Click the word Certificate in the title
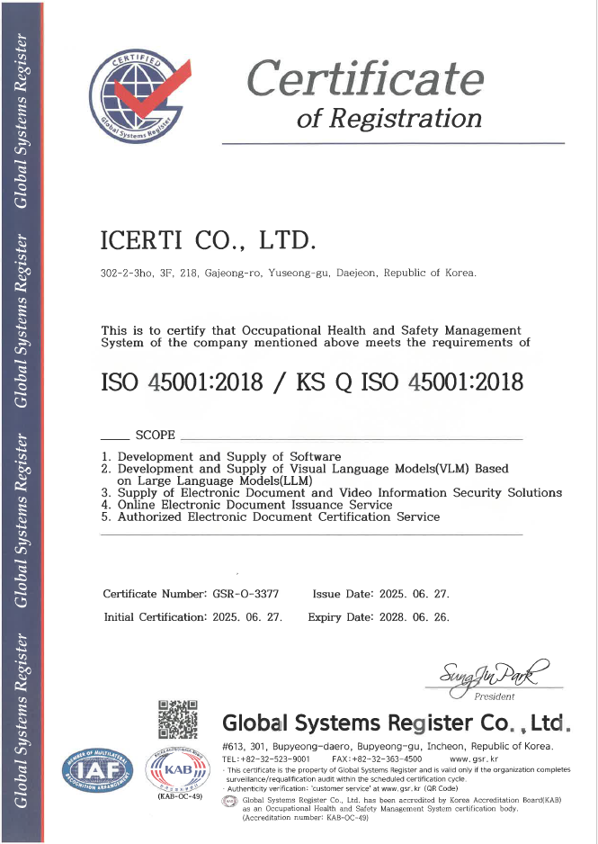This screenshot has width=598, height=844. point(365,78)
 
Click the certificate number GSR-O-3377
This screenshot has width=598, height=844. point(245,594)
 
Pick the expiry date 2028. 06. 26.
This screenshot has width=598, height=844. point(413,617)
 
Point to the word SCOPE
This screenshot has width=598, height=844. point(155,435)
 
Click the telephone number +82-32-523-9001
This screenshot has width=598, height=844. point(274,759)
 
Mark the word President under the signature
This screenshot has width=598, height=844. point(495,696)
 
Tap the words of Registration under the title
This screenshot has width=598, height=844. point(389,118)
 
